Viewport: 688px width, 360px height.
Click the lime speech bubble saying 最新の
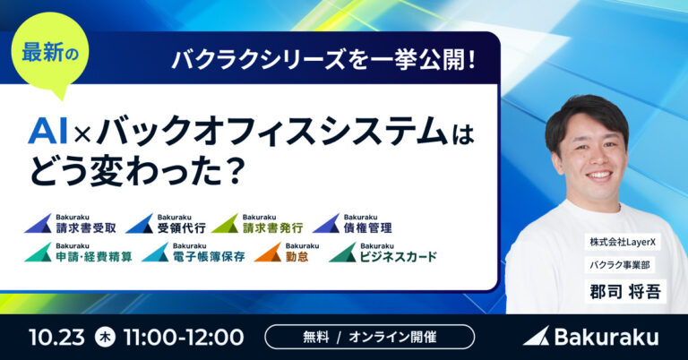point(49,52)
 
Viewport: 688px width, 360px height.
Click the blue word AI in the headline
point(47,132)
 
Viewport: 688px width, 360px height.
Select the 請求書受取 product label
point(70,224)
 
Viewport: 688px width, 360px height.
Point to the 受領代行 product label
point(166,224)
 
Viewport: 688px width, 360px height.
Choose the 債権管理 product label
point(352,224)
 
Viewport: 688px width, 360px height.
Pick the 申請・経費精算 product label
point(78,253)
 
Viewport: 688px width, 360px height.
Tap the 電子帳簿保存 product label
point(193,253)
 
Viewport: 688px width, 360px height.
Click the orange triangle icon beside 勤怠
point(268,253)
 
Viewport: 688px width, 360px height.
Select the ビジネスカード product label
point(383,253)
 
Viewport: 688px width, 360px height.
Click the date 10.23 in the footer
point(56,338)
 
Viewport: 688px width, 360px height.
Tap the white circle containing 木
point(106,338)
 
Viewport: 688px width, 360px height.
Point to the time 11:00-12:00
point(184,338)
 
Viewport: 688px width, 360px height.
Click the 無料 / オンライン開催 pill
point(369,337)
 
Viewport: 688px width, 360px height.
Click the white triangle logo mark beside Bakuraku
point(537,336)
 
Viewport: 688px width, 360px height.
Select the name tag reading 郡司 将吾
point(625,292)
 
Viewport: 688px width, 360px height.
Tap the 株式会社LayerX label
point(623,242)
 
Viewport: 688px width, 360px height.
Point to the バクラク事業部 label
point(620,265)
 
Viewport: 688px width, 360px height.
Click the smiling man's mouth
point(600,176)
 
